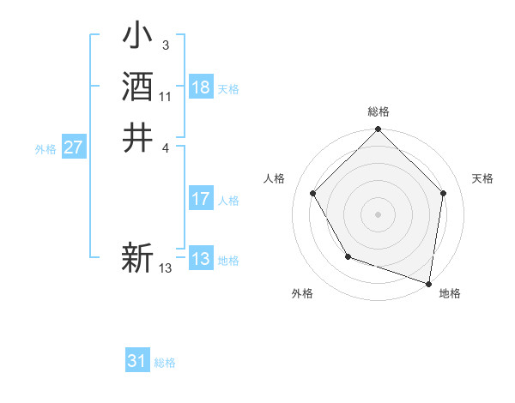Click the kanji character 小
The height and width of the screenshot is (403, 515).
tap(138, 39)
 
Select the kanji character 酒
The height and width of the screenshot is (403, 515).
tap(138, 88)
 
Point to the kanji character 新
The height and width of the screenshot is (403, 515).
tap(138, 257)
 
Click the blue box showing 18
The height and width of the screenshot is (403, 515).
tap(201, 88)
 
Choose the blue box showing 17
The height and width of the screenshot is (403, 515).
tap(201, 200)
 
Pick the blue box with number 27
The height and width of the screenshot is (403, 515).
tap(74, 148)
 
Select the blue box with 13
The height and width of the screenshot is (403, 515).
tap(201, 260)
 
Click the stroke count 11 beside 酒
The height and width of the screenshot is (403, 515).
tap(166, 98)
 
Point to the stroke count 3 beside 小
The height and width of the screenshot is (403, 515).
tap(165, 45)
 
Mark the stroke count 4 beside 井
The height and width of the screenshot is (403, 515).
tap(165, 147)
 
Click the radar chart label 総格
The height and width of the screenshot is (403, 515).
tap(379, 111)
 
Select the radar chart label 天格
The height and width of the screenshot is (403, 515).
tap(483, 178)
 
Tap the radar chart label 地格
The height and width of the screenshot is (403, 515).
tap(450, 293)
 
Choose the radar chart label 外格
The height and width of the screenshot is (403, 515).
tap(302, 293)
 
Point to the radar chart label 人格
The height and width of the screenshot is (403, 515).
tap(275, 178)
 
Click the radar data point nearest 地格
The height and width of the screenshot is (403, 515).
tap(428, 283)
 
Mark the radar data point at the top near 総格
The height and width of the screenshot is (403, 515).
tap(379, 130)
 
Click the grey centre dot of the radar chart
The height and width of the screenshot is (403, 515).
tap(379, 214)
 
